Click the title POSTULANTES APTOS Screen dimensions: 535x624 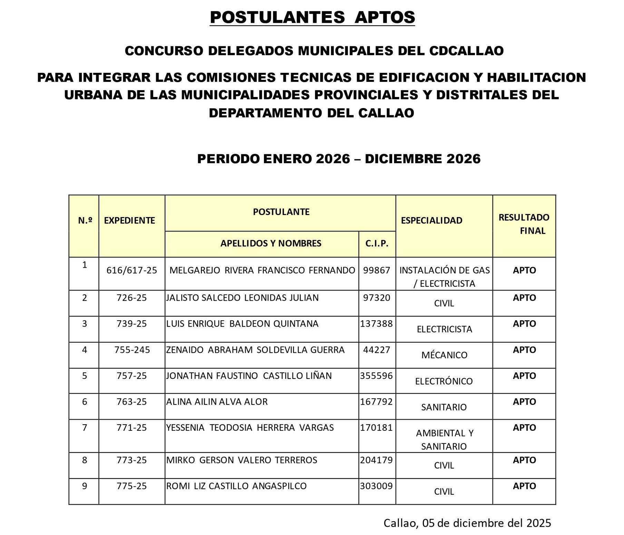tap(312, 17)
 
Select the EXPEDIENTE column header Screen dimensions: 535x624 tap(129, 221)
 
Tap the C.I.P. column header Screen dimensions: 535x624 tap(377, 244)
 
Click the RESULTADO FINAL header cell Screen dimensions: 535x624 tap(524, 224)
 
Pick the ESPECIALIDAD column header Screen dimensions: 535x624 tap(431, 221)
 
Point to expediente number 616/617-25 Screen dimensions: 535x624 tap(131, 270)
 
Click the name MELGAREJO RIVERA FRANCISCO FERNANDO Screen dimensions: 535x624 tap(262, 270)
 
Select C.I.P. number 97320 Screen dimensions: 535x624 tap(377, 298)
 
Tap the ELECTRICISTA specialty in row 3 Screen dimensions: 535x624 tap(444, 329)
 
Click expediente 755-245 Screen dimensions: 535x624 tap(132, 350)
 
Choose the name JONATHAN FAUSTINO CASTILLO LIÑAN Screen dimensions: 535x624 tap(249, 376)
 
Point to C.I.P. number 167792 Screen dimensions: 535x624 tap(377, 402)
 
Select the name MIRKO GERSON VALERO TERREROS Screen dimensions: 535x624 tap(242, 460)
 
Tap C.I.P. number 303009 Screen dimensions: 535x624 tap(377, 486)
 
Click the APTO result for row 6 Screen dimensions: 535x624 tap(524, 402)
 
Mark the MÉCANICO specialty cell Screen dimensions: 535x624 tap(444, 355)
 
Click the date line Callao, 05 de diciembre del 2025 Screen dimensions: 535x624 tap(467, 523)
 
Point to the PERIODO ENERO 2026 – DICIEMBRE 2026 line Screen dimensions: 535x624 tap(339, 159)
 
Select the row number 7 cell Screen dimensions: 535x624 tap(85, 428)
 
